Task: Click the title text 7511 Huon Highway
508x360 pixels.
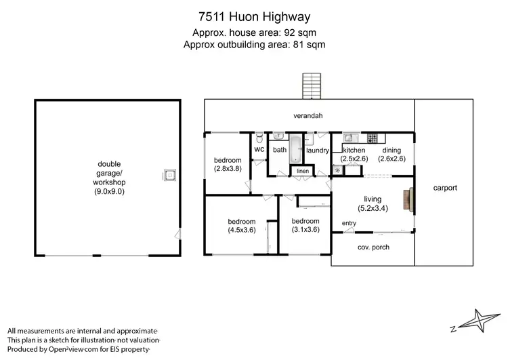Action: (253, 15)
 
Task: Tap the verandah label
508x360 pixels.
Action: (308, 116)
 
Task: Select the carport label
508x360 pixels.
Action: (446, 188)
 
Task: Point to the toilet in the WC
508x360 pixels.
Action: (259, 137)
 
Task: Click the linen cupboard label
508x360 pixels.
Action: (303, 171)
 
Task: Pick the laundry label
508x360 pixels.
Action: (318, 151)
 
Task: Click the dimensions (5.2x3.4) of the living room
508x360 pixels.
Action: (373, 208)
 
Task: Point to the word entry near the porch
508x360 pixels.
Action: (349, 224)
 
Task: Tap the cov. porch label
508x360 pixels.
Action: (373, 247)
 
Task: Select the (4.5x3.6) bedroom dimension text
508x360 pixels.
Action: (242, 231)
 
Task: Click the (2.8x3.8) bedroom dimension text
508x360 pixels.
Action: (228, 169)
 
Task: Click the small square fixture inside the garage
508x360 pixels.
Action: (169, 176)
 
